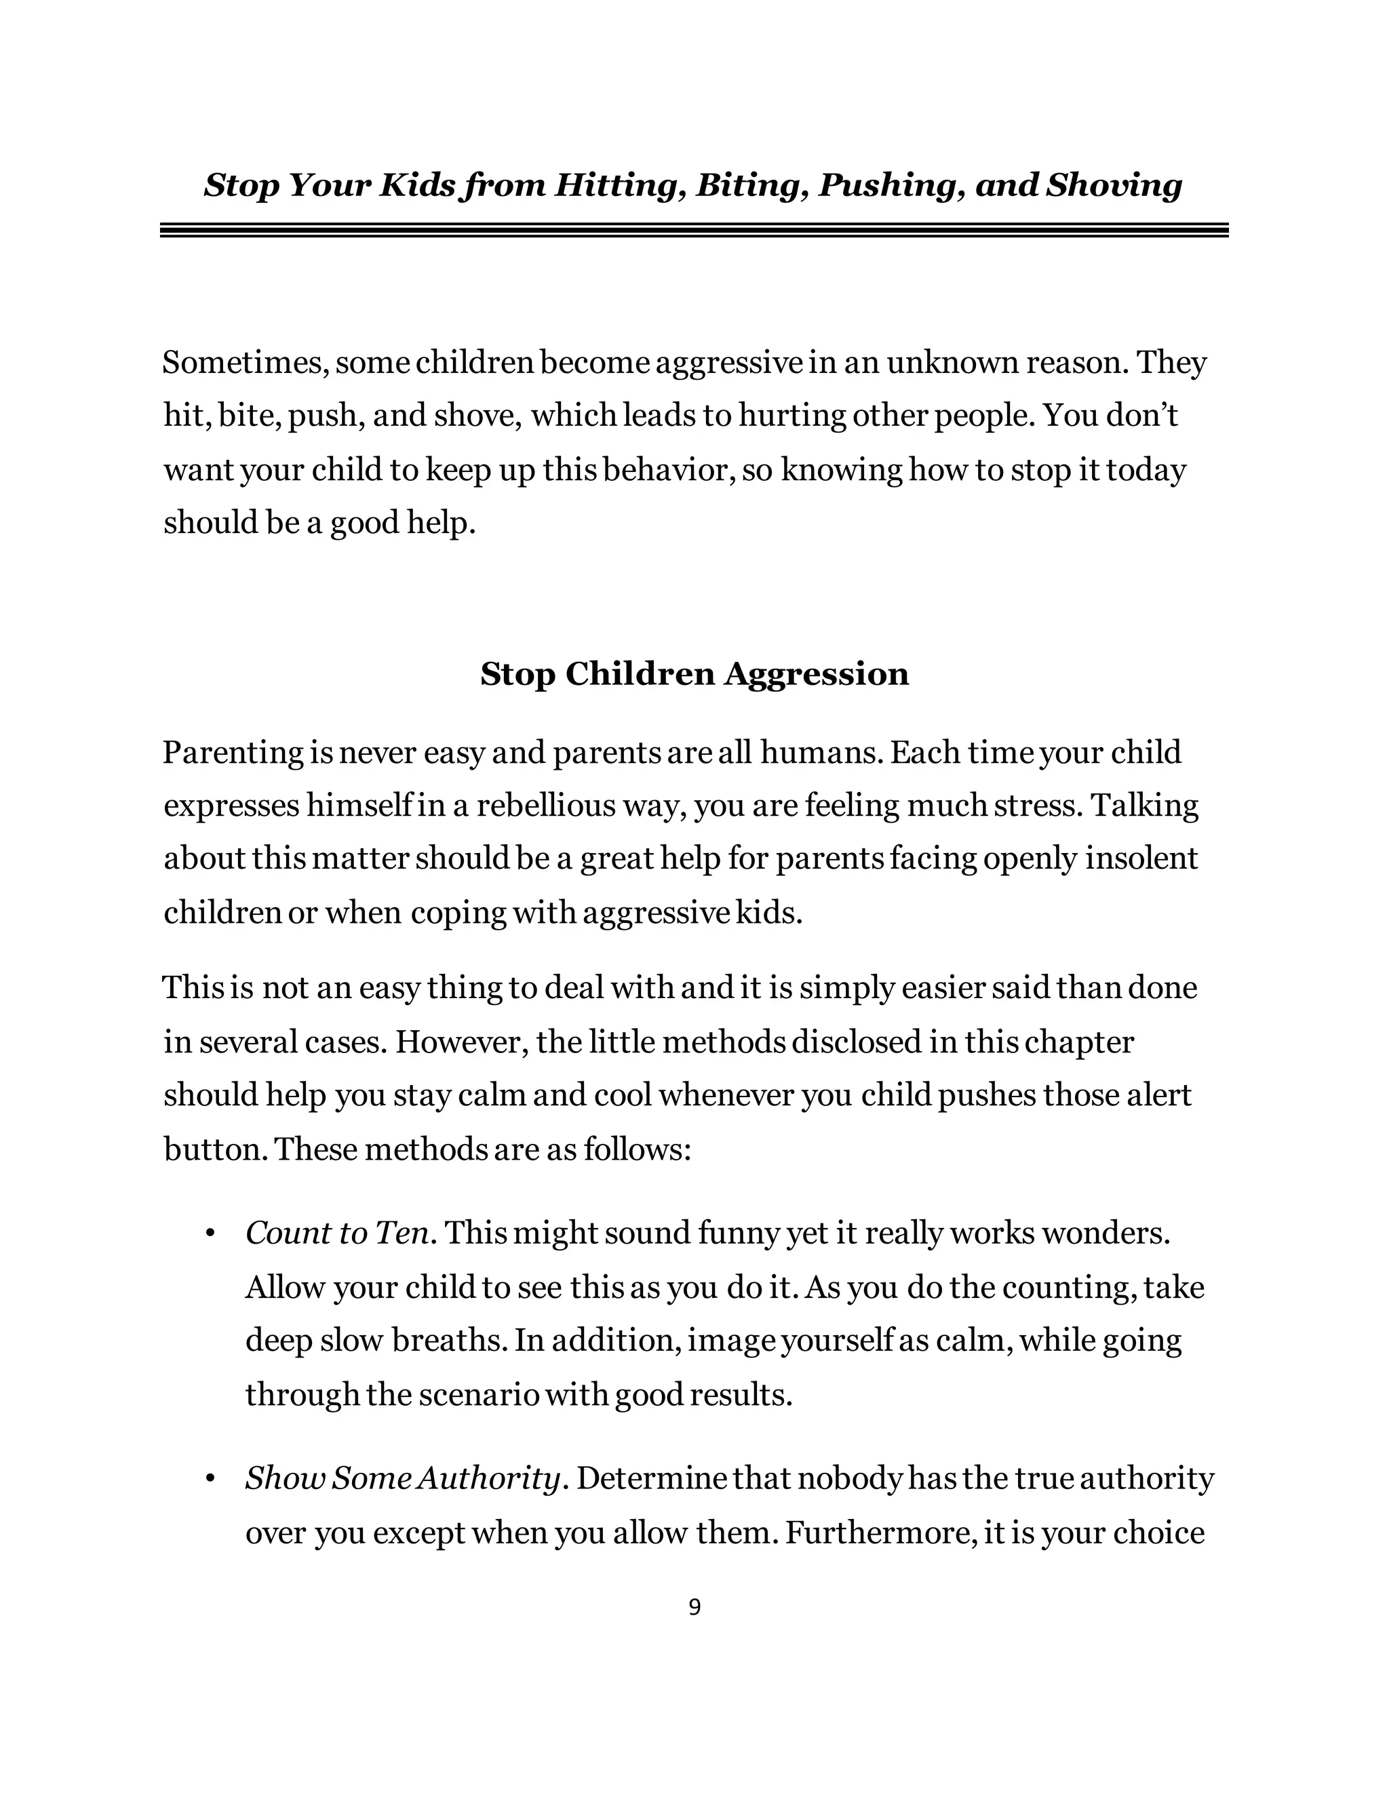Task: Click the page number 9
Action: [694, 1607]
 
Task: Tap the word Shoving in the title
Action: [1114, 185]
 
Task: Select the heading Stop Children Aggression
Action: [694, 674]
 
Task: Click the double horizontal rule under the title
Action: [694, 231]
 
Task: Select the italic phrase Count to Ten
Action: [337, 1233]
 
